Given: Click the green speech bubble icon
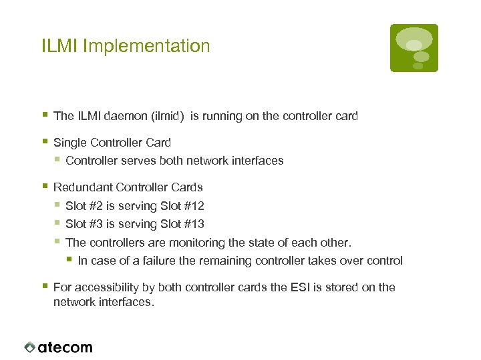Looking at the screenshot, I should coord(414,47).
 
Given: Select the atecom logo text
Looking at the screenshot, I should coord(65,347).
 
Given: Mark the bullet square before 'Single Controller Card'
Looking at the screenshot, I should coord(44,141).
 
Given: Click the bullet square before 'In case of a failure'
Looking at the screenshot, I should coord(69,259).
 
